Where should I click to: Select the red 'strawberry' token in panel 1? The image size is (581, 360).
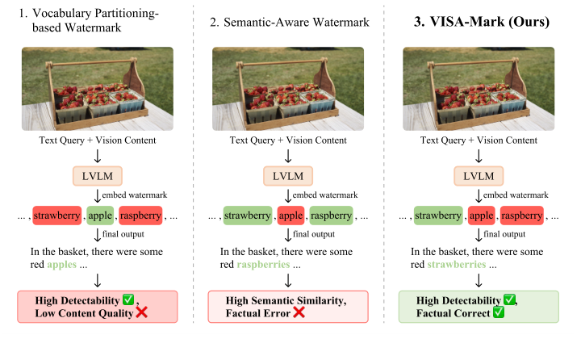57,216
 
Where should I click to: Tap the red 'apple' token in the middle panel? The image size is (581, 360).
289,216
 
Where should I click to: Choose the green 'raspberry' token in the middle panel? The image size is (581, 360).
330,216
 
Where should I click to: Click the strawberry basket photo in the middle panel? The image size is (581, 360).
287,88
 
